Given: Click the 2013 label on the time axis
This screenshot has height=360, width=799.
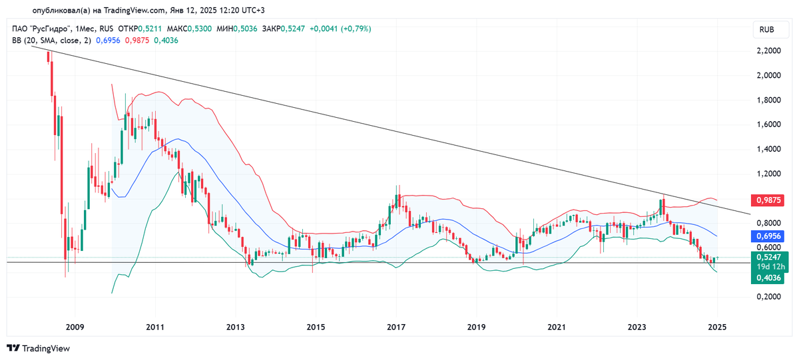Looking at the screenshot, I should tap(235, 327).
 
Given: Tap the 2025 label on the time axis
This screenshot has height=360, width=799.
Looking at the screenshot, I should tap(717, 327).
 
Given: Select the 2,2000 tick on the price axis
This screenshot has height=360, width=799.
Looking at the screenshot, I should tap(768, 51).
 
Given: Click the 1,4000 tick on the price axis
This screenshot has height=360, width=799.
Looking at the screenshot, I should tap(768, 149).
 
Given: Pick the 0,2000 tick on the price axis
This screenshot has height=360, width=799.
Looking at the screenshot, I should tap(768, 297).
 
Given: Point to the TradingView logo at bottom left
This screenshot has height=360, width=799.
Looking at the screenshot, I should tap(38, 348).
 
